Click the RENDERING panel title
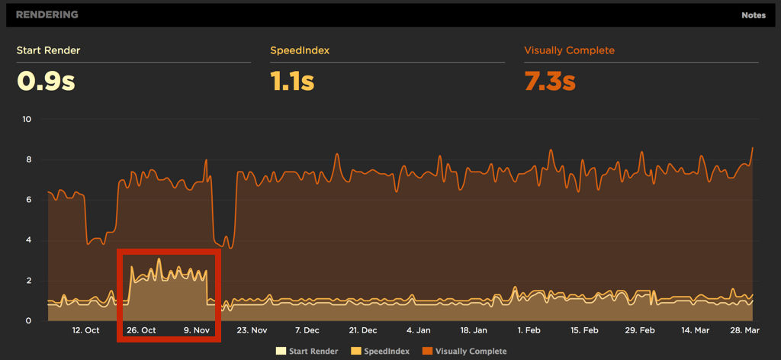[x=47, y=14]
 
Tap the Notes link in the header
[x=754, y=15]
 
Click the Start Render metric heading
[x=48, y=51]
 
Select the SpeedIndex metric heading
[x=300, y=51]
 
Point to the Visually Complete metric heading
[x=569, y=51]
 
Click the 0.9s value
[x=46, y=81]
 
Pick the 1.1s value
[x=292, y=81]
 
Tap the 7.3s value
[x=550, y=81]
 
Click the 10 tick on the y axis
[x=27, y=120]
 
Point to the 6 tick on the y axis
[x=28, y=200]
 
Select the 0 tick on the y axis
[x=28, y=320]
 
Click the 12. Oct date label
[x=85, y=330]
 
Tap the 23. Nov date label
[x=252, y=330]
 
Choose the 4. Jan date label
[x=419, y=330]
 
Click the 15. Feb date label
[x=585, y=330]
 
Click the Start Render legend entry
[x=307, y=351]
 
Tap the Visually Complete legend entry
[x=465, y=351]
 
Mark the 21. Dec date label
[x=363, y=330]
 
